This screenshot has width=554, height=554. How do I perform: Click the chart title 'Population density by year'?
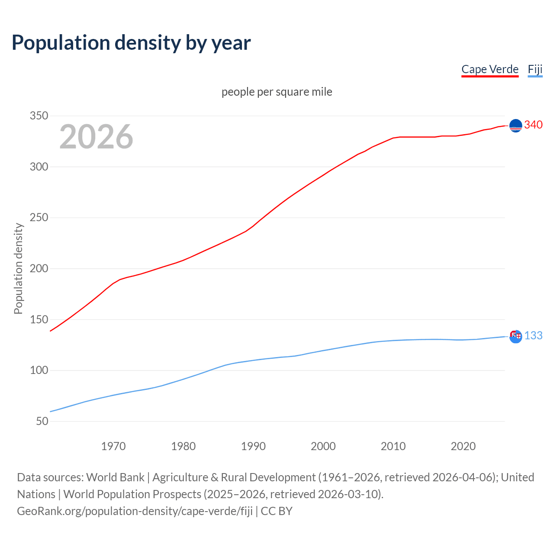click(131, 43)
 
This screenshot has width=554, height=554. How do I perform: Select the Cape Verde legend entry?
click(490, 69)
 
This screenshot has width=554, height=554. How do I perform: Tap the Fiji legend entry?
click(535, 69)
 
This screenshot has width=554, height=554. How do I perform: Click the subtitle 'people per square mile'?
click(277, 92)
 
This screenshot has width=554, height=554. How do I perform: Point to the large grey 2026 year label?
click(96, 137)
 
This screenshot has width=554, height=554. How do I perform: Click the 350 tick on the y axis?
click(39, 116)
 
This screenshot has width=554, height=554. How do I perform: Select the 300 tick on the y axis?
click(39, 167)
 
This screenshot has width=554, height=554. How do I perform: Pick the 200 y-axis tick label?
click(39, 268)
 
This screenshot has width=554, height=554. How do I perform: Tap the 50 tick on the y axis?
click(42, 421)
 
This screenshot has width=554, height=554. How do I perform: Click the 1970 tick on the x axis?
click(113, 446)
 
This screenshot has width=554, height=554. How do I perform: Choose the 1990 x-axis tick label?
click(253, 446)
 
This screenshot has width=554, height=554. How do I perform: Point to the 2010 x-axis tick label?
click(393, 446)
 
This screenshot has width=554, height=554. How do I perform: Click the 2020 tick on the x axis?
click(463, 446)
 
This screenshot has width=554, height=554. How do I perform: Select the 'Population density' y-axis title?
click(18, 268)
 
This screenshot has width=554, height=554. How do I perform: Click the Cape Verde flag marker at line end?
click(515, 126)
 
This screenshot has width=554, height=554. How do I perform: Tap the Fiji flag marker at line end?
click(515, 336)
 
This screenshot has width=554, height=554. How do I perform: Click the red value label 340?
click(533, 125)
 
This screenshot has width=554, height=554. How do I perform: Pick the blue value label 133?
click(533, 336)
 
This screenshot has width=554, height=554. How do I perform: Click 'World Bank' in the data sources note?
click(115, 477)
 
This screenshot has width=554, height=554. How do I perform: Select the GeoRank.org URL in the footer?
click(135, 511)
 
